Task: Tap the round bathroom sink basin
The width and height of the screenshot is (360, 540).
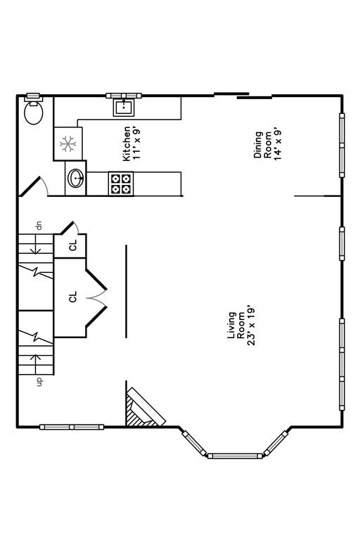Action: [x=75, y=179]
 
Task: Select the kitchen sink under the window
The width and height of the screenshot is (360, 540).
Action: [x=124, y=107]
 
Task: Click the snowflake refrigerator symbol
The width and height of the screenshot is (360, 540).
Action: [x=67, y=144]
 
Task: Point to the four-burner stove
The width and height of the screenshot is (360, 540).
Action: [x=120, y=184]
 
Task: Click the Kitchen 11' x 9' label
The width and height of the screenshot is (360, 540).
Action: [x=131, y=143]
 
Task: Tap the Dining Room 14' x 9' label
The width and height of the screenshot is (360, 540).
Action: [x=267, y=144]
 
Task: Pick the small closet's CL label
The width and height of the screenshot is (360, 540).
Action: [x=73, y=246]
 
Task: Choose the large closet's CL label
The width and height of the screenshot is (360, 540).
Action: [x=72, y=297]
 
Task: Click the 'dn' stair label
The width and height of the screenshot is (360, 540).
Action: [x=39, y=226]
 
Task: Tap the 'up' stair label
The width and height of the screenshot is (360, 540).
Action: [x=39, y=381]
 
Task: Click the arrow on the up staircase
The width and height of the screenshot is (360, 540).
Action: [x=35, y=361]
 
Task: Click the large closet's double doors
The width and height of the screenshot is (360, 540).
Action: [x=96, y=297]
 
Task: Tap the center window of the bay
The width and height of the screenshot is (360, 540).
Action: [x=235, y=456]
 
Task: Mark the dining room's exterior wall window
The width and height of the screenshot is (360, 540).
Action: [x=342, y=145]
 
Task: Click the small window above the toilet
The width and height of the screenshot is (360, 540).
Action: [x=33, y=96]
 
